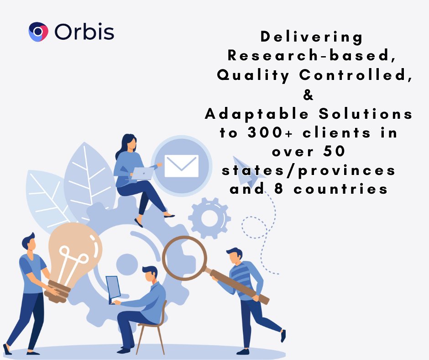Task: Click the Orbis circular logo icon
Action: pyautogui.click(x=38, y=32)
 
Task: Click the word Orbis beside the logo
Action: pyautogui.click(x=84, y=32)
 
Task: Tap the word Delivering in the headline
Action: pyautogui.click(x=312, y=37)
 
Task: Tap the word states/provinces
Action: pyautogui.click(x=309, y=170)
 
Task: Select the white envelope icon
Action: pyautogui.click(x=181, y=166)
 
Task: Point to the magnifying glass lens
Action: pyautogui.click(x=185, y=258)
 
